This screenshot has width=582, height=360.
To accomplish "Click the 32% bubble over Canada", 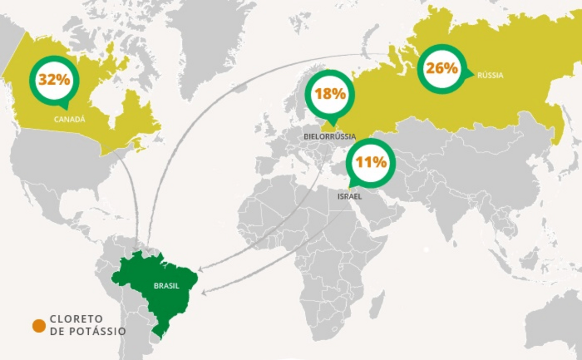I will point(54,80).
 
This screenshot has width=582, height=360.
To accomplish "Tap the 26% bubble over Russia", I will point(442,69).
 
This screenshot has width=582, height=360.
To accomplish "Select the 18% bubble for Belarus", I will point(330,94).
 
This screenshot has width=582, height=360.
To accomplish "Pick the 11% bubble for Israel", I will point(371,162).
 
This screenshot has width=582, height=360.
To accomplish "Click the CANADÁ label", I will point(69,119).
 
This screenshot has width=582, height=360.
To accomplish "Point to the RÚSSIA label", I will point(490,75).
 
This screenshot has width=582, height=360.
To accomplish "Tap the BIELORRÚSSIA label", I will point(330,137).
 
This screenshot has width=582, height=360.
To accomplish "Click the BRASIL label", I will point(167,286).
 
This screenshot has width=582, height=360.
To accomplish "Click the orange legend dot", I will point(39,326).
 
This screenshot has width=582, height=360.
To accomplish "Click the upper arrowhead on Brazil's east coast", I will point(200,269).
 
